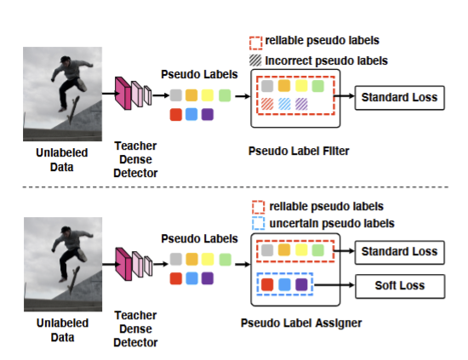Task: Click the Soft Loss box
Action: (x=400, y=286)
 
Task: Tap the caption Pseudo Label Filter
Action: (x=299, y=151)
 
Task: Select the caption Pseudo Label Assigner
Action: (x=301, y=323)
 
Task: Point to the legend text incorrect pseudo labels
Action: (x=326, y=60)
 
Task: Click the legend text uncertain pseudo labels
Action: (x=332, y=223)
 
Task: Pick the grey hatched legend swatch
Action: (x=255, y=60)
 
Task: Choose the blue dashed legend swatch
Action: (x=258, y=223)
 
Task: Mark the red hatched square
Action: (x=267, y=104)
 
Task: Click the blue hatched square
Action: (x=284, y=104)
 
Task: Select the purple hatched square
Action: (x=301, y=104)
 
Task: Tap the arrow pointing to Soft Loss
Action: (x=334, y=285)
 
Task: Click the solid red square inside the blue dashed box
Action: (x=267, y=284)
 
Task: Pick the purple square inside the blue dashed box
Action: (x=301, y=284)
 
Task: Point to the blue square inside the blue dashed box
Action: (x=284, y=284)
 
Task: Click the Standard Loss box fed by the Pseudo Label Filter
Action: (x=400, y=98)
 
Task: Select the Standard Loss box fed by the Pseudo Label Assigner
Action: (x=400, y=252)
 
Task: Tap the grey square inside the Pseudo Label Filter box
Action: (x=267, y=86)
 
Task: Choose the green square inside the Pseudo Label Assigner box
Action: (x=318, y=250)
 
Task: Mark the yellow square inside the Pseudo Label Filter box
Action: (x=301, y=86)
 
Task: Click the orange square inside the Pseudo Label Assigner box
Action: (x=284, y=250)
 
